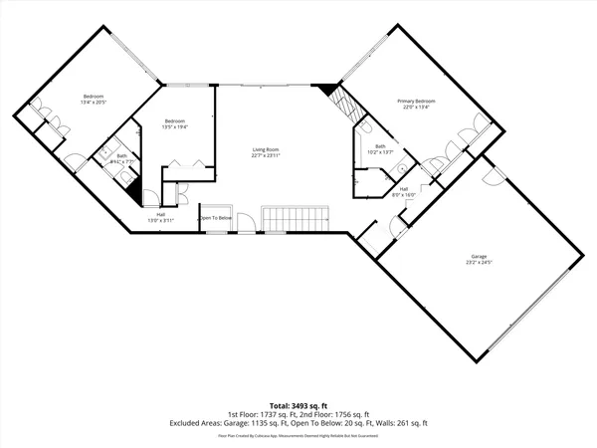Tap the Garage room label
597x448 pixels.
pos(479,256)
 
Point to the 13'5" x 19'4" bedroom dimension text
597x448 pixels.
pos(174,125)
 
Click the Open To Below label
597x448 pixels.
pos(215,218)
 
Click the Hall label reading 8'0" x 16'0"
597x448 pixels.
pos(403,194)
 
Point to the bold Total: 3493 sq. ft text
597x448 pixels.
pos(298,406)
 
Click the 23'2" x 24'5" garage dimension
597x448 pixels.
pos(479,263)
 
